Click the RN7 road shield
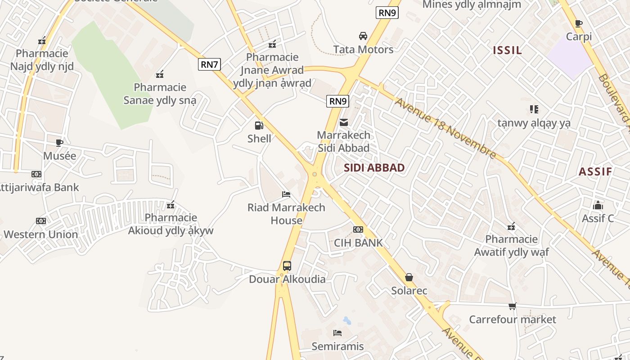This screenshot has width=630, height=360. (209, 64)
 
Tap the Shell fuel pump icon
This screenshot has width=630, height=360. (259, 126)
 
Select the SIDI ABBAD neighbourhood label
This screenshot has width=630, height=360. (374, 168)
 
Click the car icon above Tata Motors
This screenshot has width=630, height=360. (363, 36)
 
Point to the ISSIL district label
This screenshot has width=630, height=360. (508, 50)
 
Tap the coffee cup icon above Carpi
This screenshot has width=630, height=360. (579, 24)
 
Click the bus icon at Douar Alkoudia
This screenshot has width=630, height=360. (287, 266)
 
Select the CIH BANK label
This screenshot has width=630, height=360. (358, 243)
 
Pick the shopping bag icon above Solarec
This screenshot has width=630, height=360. (409, 277)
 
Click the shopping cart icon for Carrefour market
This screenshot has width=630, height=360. (512, 306)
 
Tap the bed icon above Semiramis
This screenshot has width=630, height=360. (337, 333)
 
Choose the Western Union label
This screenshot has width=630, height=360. (41, 234)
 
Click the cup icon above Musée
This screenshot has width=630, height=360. (59, 143)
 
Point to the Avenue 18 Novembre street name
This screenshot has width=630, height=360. (445, 128)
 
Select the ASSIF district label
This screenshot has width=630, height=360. (595, 171)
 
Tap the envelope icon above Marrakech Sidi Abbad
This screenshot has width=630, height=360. (344, 122)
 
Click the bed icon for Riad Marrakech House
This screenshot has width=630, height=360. (286, 194)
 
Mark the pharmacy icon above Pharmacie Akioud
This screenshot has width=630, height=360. (171, 205)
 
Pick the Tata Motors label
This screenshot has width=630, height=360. (363, 49)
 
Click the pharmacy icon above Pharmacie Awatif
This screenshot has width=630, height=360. (511, 226)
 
